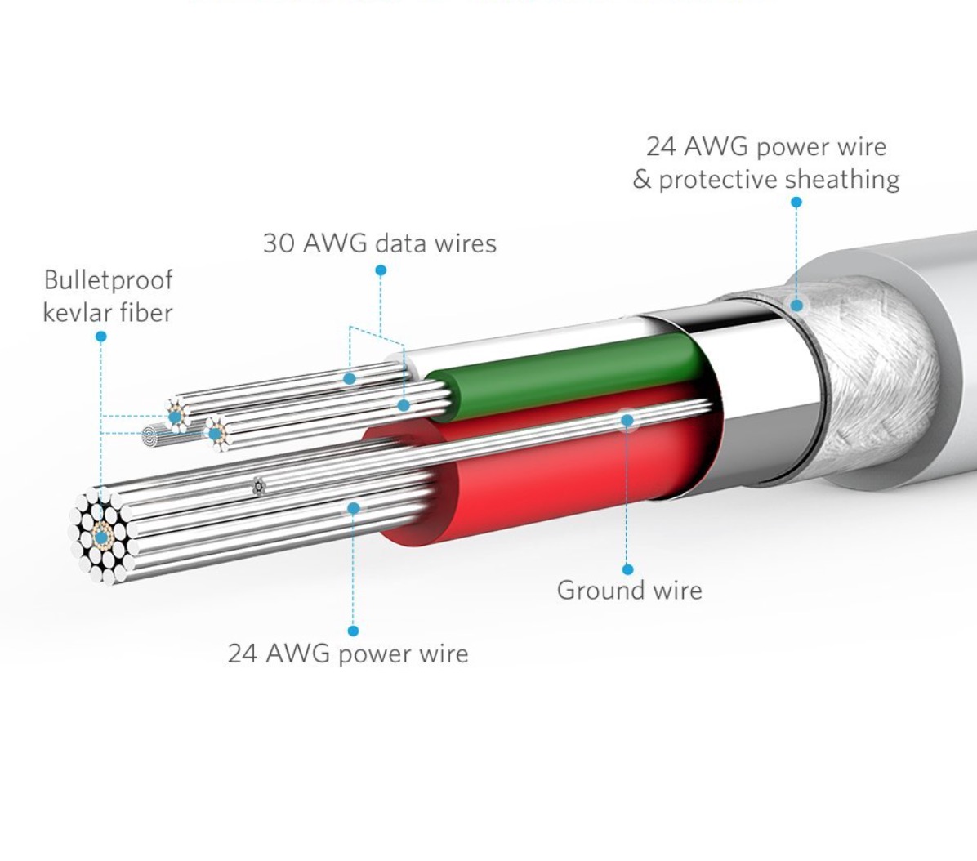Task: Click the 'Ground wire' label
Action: tap(629, 590)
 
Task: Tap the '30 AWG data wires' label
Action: tap(379, 243)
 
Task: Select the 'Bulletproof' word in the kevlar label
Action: tap(108, 280)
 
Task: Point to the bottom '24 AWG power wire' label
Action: tap(348, 654)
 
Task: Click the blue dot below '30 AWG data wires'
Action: tap(381, 270)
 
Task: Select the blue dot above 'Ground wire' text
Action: tap(627, 569)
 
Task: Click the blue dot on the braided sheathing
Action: tap(796, 306)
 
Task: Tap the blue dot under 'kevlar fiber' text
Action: tap(100, 337)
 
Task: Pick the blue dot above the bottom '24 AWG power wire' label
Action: tap(353, 631)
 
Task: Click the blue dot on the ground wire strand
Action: tap(627, 420)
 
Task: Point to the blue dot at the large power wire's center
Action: tap(101, 537)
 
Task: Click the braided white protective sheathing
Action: tap(866, 376)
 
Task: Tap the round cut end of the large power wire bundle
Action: tap(101, 535)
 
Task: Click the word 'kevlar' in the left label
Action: tap(75, 312)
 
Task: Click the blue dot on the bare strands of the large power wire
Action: tap(353, 508)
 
